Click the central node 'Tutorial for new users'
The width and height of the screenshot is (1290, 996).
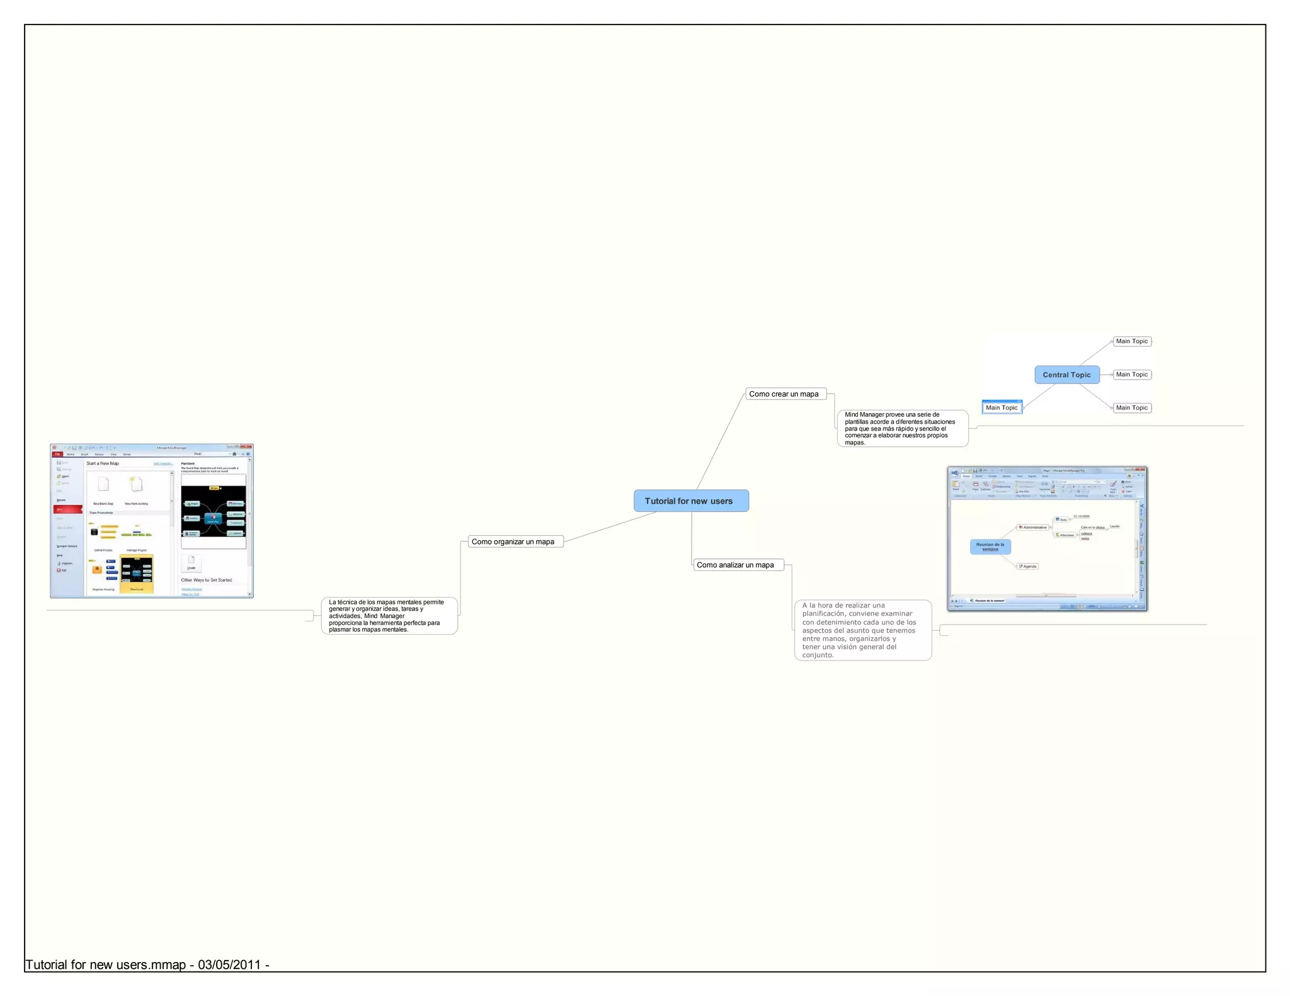[691, 501]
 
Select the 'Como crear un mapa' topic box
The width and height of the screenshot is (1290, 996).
[785, 394]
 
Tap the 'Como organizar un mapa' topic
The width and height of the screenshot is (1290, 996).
[515, 541]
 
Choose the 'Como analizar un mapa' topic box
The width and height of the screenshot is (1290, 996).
[738, 565]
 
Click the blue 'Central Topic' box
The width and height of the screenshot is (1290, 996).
[1066, 375]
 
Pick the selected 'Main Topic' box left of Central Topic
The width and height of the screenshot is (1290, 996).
[1002, 407]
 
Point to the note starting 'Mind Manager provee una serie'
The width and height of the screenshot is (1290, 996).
[901, 429]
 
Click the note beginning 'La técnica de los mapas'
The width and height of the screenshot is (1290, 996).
[389, 616]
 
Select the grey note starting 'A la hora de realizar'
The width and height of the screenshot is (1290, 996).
[862, 630]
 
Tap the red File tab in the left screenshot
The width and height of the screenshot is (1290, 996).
[57, 454]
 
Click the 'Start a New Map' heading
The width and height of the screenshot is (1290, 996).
[103, 463]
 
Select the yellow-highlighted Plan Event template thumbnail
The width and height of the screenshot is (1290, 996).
[137, 573]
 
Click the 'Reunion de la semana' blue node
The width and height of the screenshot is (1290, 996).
[990, 546]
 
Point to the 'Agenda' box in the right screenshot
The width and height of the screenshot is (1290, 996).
[1028, 566]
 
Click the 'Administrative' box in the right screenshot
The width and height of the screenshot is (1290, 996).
[1032, 527]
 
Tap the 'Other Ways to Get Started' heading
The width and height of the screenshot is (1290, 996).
[207, 580]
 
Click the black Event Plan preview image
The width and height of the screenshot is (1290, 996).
[214, 511]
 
